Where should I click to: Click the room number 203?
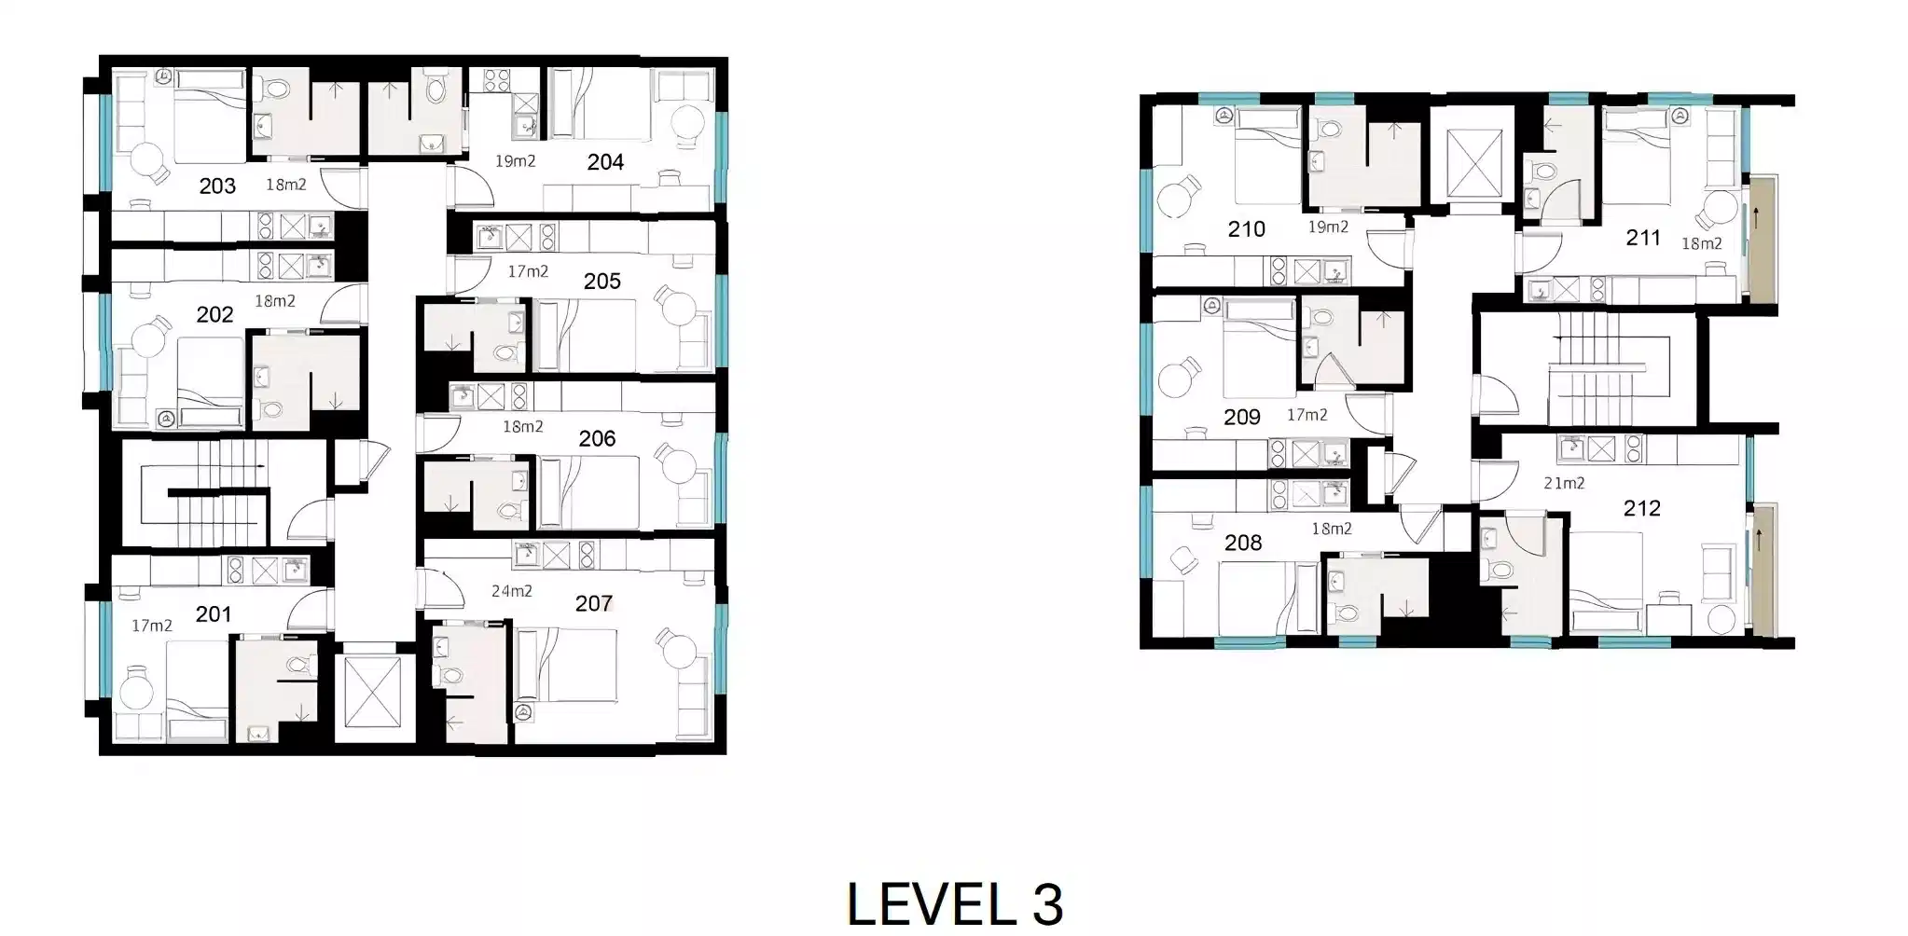coord(217,186)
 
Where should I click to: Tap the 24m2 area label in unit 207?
coord(512,590)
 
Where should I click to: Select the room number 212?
coord(1641,508)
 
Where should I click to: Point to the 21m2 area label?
coord(1564,483)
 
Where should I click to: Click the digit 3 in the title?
coord(1047,902)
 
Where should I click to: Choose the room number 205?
coord(601,281)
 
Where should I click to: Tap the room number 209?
coord(1241,417)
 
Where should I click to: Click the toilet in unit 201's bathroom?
coord(298,665)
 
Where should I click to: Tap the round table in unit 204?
coord(689,121)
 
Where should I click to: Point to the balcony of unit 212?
coord(1763,569)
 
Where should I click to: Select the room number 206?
coord(597,438)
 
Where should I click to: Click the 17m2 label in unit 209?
coord(1307,415)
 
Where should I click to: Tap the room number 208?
coord(1242,543)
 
